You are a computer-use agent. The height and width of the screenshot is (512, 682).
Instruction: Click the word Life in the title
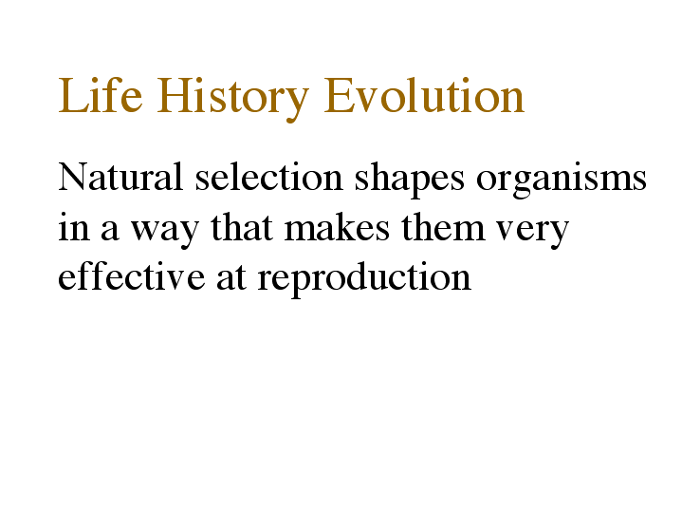[100, 95]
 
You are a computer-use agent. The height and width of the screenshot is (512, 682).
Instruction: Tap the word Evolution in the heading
[424, 95]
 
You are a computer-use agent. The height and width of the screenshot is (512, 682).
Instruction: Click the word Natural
[120, 177]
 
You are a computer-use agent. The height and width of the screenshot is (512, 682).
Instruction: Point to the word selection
[268, 177]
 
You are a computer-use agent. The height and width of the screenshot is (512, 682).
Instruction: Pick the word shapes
[409, 180]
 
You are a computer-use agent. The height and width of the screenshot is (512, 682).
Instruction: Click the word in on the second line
[73, 227]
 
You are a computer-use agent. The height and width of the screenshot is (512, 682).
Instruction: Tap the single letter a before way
[110, 231]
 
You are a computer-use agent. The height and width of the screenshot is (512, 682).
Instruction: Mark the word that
[242, 227]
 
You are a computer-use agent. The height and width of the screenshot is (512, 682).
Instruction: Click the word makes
[337, 227]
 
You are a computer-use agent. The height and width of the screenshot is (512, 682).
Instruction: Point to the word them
[443, 227]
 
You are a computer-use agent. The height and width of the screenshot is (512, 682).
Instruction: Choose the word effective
[131, 275]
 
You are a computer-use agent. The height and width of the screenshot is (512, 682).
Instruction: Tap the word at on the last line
[230, 278]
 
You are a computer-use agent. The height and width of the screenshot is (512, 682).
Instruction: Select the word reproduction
[364, 279]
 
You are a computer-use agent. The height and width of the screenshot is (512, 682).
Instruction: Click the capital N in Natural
[73, 177]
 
